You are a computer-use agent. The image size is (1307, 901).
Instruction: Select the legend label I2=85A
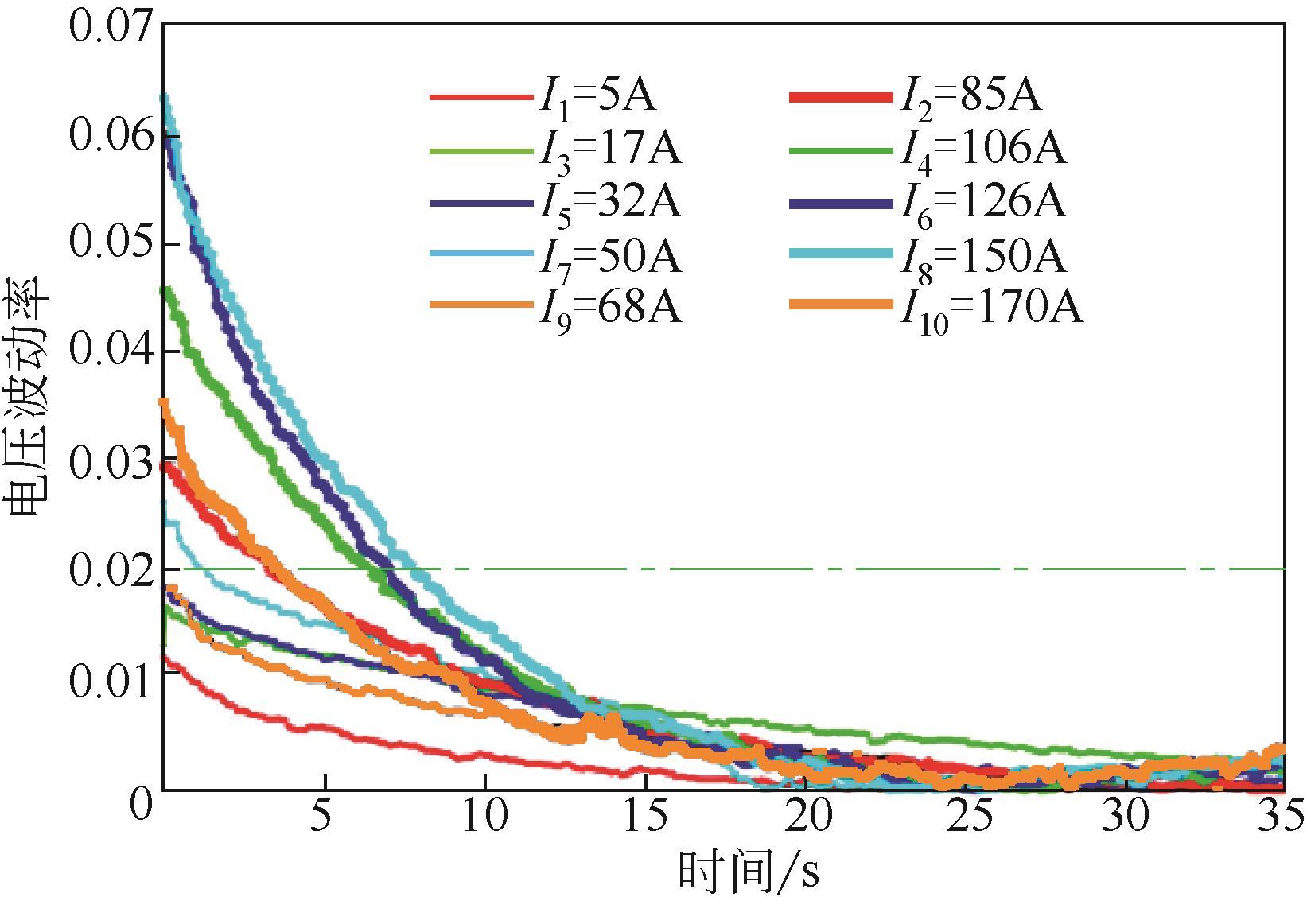970,97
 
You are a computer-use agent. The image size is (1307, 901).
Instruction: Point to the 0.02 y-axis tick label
110,571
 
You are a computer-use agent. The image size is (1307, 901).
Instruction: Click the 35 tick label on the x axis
1282,817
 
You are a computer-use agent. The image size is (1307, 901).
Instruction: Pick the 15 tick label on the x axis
646,817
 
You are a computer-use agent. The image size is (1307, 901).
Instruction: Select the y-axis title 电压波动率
29,406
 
